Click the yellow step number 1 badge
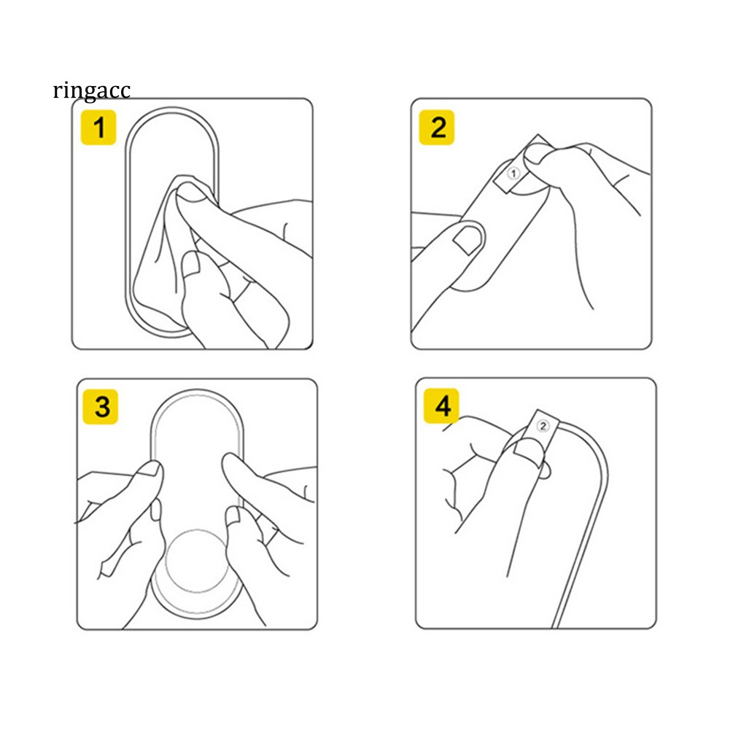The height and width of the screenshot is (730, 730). coord(98,128)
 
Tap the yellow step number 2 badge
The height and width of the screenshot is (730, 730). coord(437,128)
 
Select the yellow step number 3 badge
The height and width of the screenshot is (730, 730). coord(100,407)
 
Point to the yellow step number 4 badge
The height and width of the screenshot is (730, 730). coord(441,406)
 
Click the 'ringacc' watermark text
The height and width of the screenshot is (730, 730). coord(91,90)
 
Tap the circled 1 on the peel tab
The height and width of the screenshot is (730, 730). coord(513,174)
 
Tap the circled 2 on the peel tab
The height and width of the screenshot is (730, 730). coord(543,426)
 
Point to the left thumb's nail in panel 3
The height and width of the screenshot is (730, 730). coord(150,467)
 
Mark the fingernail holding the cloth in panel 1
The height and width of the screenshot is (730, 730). coord(192,193)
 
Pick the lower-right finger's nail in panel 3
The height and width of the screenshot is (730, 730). coord(233,515)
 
